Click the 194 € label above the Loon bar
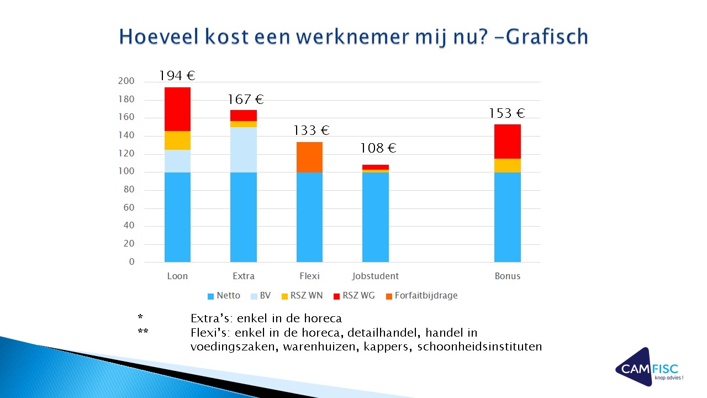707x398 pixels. click(x=177, y=76)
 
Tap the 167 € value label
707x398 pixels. click(x=246, y=100)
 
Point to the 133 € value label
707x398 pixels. click(x=312, y=131)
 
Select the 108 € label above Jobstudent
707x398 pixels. click(x=378, y=149)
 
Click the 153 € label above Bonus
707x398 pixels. click(x=506, y=114)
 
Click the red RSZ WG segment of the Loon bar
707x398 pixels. click(x=177, y=109)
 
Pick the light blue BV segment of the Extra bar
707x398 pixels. click(x=243, y=149)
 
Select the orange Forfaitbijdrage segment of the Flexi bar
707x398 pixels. click(x=309, y=157)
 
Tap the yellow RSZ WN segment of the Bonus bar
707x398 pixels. click(x=507, y=165)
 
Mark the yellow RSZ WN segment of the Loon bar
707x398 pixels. click(x=177, y=140)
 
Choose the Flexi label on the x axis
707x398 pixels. click(x=309, y=276)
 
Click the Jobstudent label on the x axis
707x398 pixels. click(x=375, y=276)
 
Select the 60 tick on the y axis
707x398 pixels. click(x=129, y=208)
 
